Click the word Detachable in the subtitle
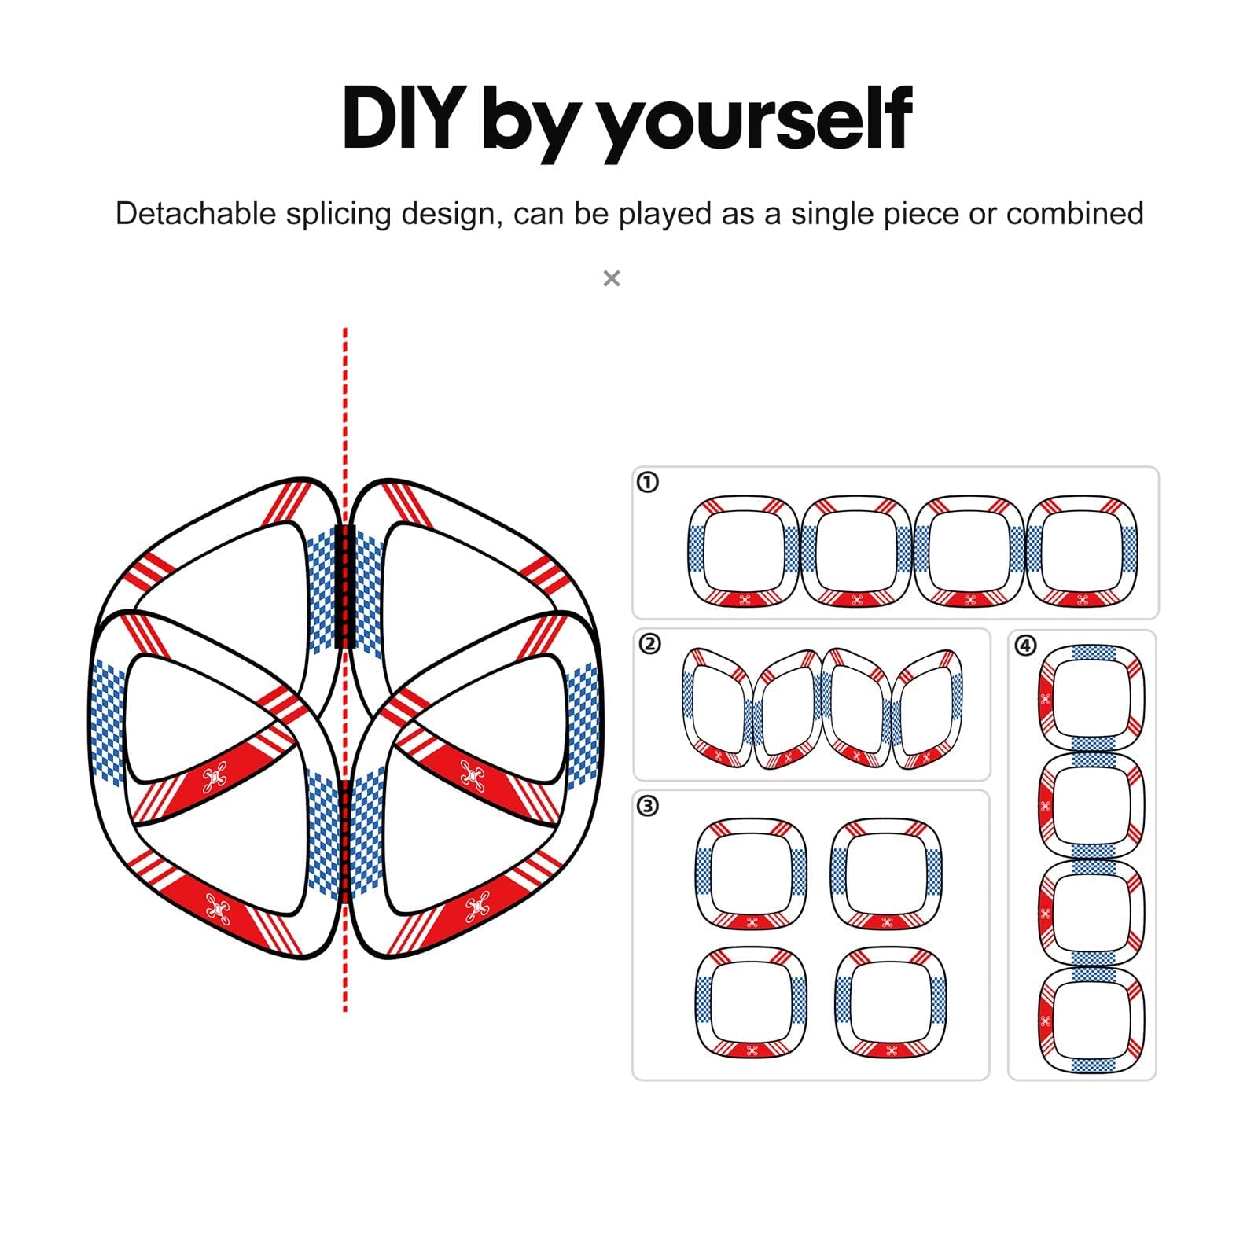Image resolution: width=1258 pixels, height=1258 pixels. click(196, 214)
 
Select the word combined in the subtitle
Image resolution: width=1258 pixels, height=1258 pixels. click(1075, 214)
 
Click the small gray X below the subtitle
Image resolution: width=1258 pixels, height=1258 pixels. click(612, 278)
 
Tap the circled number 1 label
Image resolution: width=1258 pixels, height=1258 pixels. click(647, 482)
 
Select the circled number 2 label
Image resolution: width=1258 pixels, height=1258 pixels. click(649, 644)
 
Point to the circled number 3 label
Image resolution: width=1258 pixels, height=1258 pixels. click(647, 806)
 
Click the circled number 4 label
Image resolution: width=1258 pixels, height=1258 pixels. click(1025, 646)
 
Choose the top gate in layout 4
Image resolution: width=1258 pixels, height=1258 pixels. click(1091, 648)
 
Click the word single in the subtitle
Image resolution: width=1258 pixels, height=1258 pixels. click(833, 215)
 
